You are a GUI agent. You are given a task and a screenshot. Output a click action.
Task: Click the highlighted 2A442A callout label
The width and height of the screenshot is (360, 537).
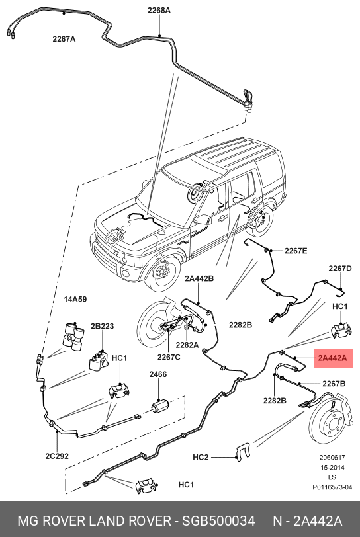[x=333, y=358]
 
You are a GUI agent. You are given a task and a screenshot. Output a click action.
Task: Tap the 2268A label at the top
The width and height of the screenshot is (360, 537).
[x=159, y=11]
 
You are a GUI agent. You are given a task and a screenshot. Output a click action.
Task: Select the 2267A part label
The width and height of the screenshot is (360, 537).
[x=64, y=39]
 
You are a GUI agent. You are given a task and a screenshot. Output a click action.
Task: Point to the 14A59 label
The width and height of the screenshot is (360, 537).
[x=75, y=299]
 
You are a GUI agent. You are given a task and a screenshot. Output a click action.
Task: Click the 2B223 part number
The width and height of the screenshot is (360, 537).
[x=102, y=326]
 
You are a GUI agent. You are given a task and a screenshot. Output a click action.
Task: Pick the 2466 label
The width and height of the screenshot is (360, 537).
[x=158, y=374]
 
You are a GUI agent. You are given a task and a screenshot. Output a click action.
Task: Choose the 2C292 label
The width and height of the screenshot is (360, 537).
[x=57, y=456]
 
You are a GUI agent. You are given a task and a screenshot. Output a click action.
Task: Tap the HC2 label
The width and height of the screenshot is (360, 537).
[x=201, y=457]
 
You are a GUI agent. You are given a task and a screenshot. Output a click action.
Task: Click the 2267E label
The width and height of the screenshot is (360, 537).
[x=296, y=251]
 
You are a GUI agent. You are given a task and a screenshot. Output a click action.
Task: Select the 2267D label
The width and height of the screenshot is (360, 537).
[x=340, y=268]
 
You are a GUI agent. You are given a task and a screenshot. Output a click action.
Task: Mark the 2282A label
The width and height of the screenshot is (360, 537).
[x=187, y=345]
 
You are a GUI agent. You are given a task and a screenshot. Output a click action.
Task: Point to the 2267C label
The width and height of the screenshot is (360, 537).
[x=169, y=357]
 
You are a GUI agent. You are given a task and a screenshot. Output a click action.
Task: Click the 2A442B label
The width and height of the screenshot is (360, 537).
[x=199, y=279]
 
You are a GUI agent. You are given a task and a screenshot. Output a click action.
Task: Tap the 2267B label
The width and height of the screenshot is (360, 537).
[x=334, y=384]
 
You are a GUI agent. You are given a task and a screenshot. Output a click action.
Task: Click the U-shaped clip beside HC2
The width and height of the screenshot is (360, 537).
[x=243, y=452]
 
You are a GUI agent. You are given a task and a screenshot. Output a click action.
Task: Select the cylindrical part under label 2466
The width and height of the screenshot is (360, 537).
[x=160, y=407]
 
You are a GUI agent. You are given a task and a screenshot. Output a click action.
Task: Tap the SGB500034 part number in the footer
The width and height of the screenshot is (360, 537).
[x=218, y=521]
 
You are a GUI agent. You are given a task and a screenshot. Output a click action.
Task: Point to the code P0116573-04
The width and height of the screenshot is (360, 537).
[x=332, y=487]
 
